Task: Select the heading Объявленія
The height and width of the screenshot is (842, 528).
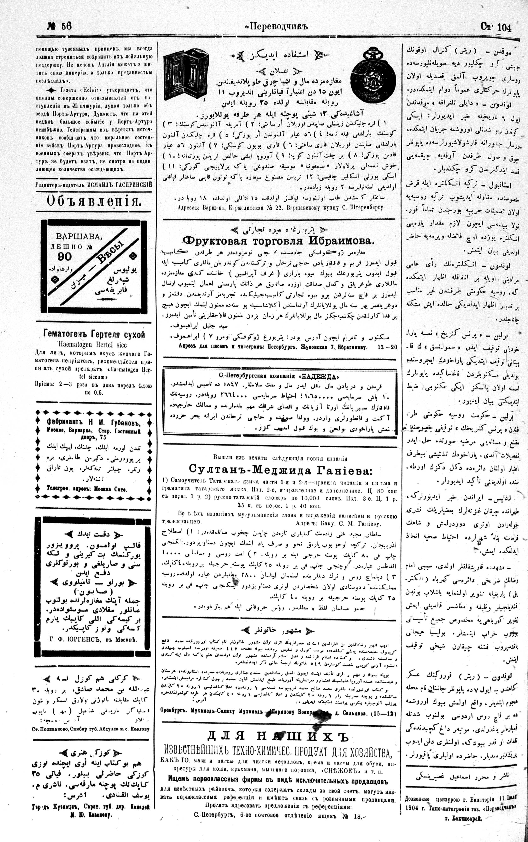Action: (94, 201)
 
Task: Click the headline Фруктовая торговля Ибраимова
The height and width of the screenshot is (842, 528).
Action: (278, 241)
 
